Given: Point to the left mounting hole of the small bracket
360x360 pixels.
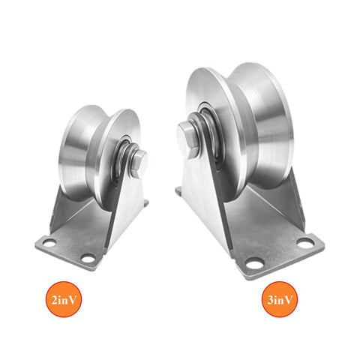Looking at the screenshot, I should [x=49, y=244].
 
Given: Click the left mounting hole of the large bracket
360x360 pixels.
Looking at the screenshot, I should [x=254, y=264].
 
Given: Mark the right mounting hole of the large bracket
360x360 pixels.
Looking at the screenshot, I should [x=304, y=242].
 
